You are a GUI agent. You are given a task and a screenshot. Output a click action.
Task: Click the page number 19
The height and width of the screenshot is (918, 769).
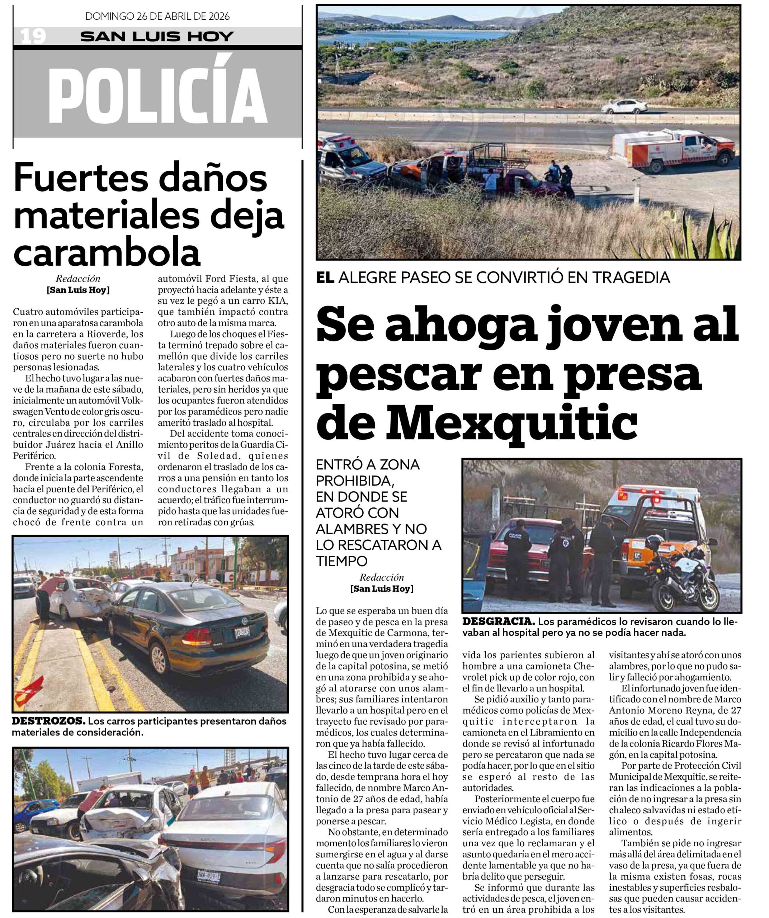point(33,36)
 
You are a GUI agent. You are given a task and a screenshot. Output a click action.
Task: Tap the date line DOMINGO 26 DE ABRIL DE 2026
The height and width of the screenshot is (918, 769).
point(157,16)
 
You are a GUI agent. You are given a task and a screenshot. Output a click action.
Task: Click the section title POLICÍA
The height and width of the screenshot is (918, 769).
point(157,96)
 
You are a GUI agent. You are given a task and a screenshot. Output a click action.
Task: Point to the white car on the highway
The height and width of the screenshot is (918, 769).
point(624,106)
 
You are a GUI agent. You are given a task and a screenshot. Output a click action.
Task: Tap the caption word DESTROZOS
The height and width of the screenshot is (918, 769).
point(48,721)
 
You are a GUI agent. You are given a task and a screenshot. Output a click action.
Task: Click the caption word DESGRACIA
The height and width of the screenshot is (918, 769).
point(499,621)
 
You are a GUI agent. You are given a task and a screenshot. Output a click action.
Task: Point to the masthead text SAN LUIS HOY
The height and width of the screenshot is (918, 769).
point(157,36)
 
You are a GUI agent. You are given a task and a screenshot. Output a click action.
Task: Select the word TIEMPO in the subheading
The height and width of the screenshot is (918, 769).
point(342,561)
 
